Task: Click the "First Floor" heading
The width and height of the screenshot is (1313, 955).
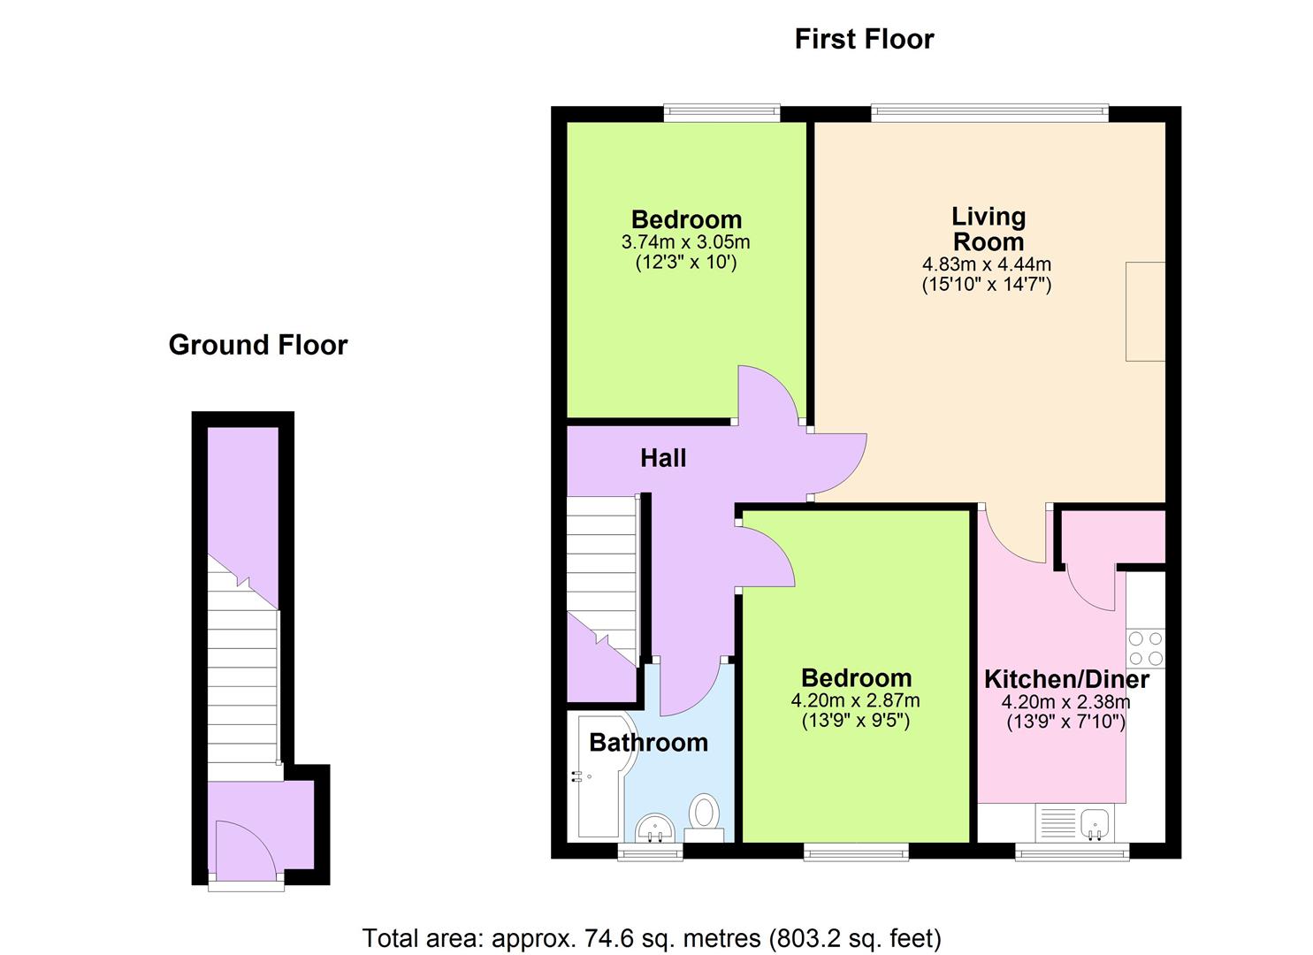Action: [x=864, y=39]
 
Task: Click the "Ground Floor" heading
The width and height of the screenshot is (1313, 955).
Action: [x=258, y=345]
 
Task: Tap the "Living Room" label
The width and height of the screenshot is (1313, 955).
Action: [x=988, y=229]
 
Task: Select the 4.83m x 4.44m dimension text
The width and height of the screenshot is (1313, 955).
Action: [x=987, y=264]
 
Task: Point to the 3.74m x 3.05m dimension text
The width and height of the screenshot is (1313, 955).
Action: [x=686, y=241]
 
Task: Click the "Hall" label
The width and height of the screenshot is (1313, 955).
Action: [x=663, y=458]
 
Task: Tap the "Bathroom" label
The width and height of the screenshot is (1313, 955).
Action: [x=648, y=742]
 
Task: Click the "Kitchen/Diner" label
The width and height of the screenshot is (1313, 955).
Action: [x=1066, y=679]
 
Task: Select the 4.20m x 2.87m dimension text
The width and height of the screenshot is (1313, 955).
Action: [x=855, y=700]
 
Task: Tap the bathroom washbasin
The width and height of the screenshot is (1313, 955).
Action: [x=655, y=828]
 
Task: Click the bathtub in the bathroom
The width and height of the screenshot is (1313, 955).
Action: [x=599, y=778]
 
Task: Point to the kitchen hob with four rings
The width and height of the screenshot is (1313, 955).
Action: [x=1145, y=647]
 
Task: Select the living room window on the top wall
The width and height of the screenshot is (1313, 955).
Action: [x=989, y=112]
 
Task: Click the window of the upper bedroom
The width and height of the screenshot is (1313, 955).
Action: [x=721, y=112]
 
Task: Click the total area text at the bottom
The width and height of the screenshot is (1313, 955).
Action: [x=652, y=937]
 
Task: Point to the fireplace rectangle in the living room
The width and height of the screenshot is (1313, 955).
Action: [x=1145, y=311]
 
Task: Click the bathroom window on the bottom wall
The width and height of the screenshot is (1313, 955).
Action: [x=650, y=852]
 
